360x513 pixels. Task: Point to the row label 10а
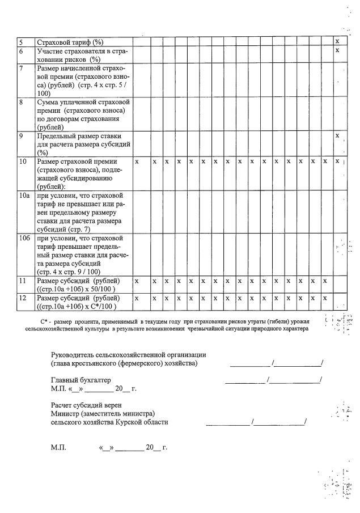pos(23,196)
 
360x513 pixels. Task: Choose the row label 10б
pos(23,238)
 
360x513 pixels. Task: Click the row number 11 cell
pos(22,281)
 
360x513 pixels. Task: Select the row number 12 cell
pos(22,298)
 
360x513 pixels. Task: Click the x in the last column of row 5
pos(337,41)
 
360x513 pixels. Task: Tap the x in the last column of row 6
pos(337,50)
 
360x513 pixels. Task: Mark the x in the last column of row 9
pos(337,135)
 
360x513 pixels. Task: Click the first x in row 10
pos(137,162)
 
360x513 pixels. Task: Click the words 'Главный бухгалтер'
pos(81,379)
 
